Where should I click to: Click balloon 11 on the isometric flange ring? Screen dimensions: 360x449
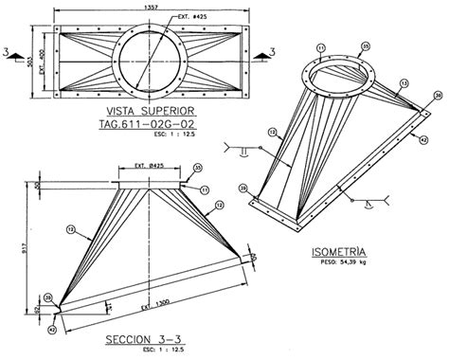321,46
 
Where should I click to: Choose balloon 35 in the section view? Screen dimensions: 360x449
196,169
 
